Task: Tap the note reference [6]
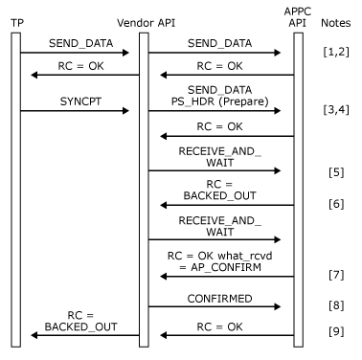click(335, 204)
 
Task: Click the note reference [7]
click(335, 276)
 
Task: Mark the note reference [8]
click(335, 307)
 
